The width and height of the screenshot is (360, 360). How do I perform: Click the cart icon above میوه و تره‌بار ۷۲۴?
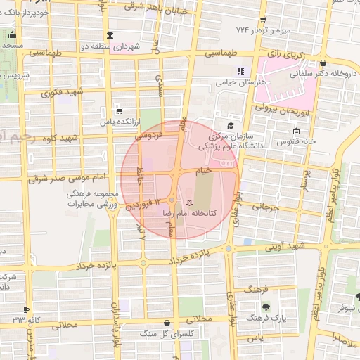(262, 20)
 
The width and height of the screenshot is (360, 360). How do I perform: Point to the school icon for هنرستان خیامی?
(240, 71)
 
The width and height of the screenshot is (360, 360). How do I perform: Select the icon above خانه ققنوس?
(296, 131)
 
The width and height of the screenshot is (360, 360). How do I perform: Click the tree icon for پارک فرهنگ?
(266, 307)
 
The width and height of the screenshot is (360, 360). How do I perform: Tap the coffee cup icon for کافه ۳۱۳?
(27, 309)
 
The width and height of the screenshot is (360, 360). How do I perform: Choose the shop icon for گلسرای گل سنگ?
(166, 324)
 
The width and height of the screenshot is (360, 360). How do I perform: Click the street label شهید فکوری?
(62, 93)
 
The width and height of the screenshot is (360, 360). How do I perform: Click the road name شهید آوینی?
(285, 247)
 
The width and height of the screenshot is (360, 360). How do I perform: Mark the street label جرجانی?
(265, 208)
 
